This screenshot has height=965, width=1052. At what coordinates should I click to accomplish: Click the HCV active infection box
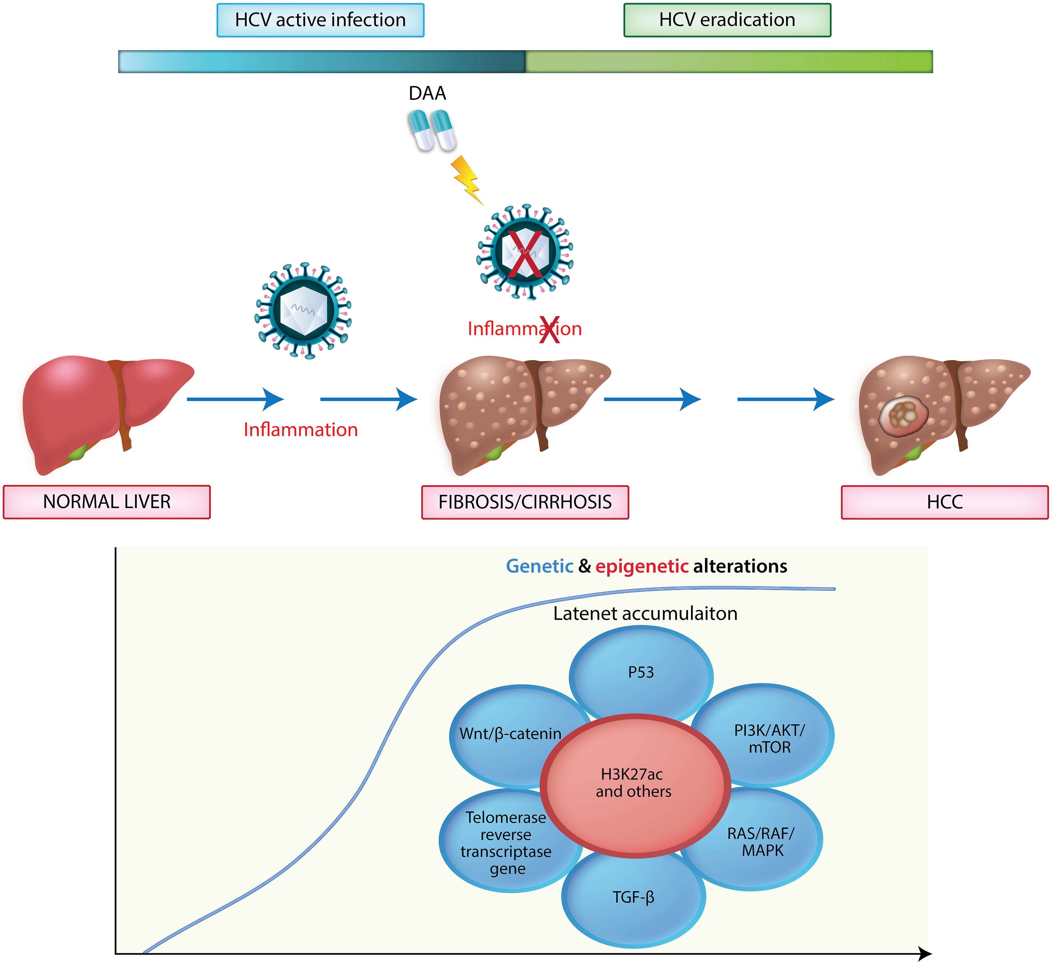320,20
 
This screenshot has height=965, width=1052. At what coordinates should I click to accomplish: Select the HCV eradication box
727,20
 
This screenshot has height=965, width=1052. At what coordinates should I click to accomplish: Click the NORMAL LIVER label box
107,502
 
